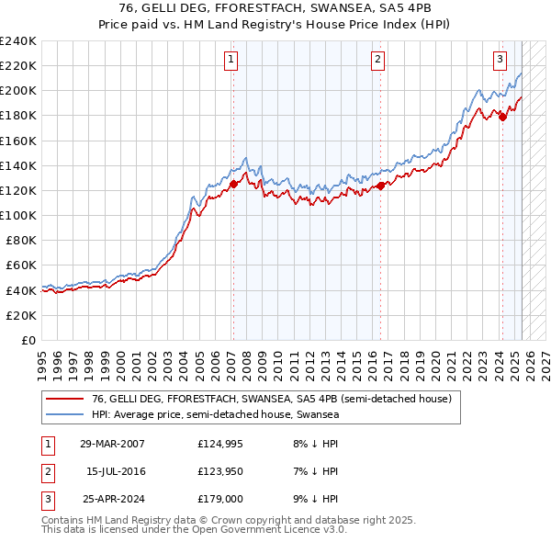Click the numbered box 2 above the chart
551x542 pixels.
tap(377, 60)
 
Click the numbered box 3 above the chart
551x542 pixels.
tap(500, 60)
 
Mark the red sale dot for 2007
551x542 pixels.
tap(233, 184)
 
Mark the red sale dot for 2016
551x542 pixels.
tap(380, 186)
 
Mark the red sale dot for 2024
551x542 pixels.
tap(502, 117)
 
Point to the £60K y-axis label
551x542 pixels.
tap(20, 265)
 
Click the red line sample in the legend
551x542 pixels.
tap(65, 400)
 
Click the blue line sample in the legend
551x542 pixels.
tap(65, 415)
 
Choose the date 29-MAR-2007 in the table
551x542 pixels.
tap(111, 444)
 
